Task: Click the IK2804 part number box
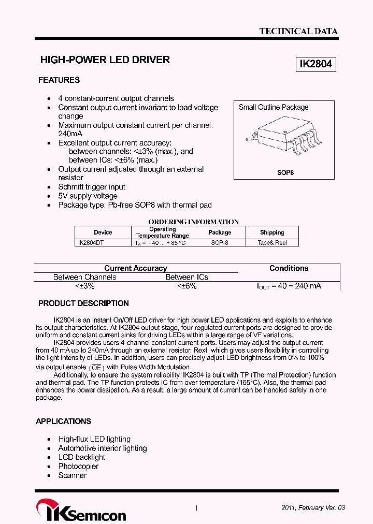click(x=315, y=64)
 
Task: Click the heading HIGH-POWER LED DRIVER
click(x=105, y=60)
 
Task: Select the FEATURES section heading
click(x=59, y=80)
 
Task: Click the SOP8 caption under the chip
click(x=285, y=172)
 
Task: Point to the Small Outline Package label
click(x=274, y=107)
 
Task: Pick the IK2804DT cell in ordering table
click(x=91, y=242)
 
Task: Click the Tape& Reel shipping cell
click(x=272, y=242)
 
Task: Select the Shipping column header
click(x=272, y=232)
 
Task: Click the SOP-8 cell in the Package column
click(x=220, y=242)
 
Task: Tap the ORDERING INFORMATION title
click(x=193, y=222)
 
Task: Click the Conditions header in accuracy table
click(x=289, y=268)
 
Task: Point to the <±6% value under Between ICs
click(x=187, y=286)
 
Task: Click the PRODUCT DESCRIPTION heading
click(x=83, y=303)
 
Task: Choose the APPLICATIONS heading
click(x=63, y=421)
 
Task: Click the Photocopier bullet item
click(x=78, y=466)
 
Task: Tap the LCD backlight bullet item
click(x=81, y=457)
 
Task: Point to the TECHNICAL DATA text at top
click(x=298, y=31)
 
